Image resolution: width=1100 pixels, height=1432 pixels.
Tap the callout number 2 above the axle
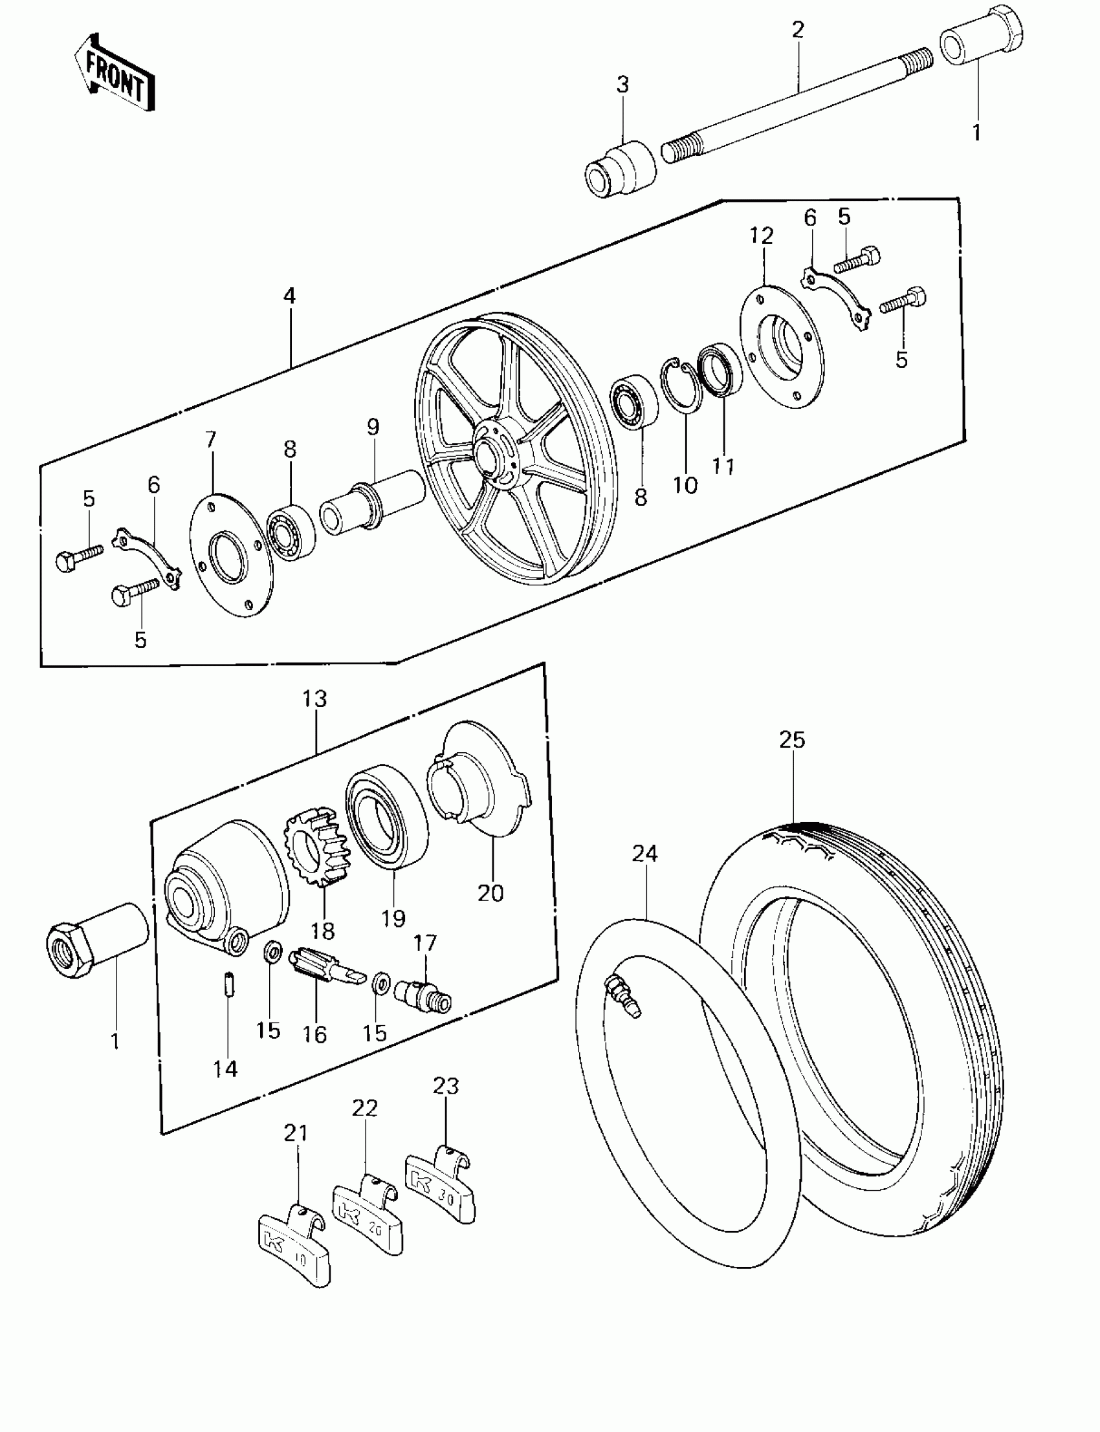click(x=797, y=30)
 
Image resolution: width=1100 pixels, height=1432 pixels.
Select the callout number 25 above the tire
click(x=791, y=739)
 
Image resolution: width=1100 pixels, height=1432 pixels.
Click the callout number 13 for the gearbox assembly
click(x=314, y=699)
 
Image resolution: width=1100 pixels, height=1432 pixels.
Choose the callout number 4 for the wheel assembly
click(x=289, y=296)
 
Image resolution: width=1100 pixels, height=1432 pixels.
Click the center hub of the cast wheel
click(x=492, y=453)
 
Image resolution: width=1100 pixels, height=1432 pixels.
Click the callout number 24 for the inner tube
click(x=645, y=853)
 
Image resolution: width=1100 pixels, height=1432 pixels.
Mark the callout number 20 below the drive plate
click(x=490, y=893)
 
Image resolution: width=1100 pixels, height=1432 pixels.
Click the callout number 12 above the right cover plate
click(x=762, y=235)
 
